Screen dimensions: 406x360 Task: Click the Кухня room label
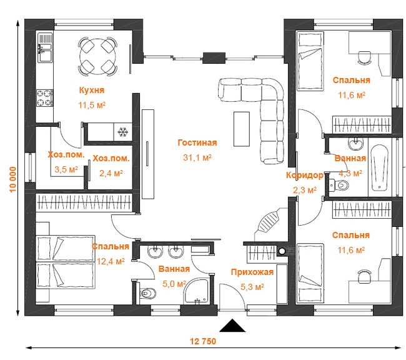pos(92,90)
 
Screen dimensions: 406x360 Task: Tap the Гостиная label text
pos(197,142)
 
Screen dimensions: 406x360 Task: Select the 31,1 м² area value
pos(197,157)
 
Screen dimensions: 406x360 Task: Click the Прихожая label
pos(252,272)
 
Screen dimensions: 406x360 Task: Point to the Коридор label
pos(305,176)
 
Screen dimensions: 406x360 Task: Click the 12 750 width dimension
pos(203,341)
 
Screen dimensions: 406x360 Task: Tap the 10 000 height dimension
pos(12,179)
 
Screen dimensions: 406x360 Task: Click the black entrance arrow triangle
pos(232,326)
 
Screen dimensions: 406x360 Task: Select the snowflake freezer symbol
pos(123,132)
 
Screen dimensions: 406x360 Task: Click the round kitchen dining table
pos(97,56)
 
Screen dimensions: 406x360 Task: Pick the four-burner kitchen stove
pos(45,97)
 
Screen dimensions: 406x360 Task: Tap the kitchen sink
pos(46,47)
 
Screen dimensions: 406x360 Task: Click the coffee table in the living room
pos(242,129)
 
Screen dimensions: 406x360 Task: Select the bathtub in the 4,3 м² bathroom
pos(379,168)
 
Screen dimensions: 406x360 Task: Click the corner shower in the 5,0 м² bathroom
pos(197,291)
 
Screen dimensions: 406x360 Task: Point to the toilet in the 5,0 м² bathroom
pos(147,293)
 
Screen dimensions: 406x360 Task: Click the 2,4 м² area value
pos(111,173)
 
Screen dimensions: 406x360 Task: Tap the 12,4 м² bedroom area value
pos(111,261)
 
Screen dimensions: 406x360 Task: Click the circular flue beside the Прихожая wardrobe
pos(282,251)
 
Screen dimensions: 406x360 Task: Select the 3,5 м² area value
pos(66,169)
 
